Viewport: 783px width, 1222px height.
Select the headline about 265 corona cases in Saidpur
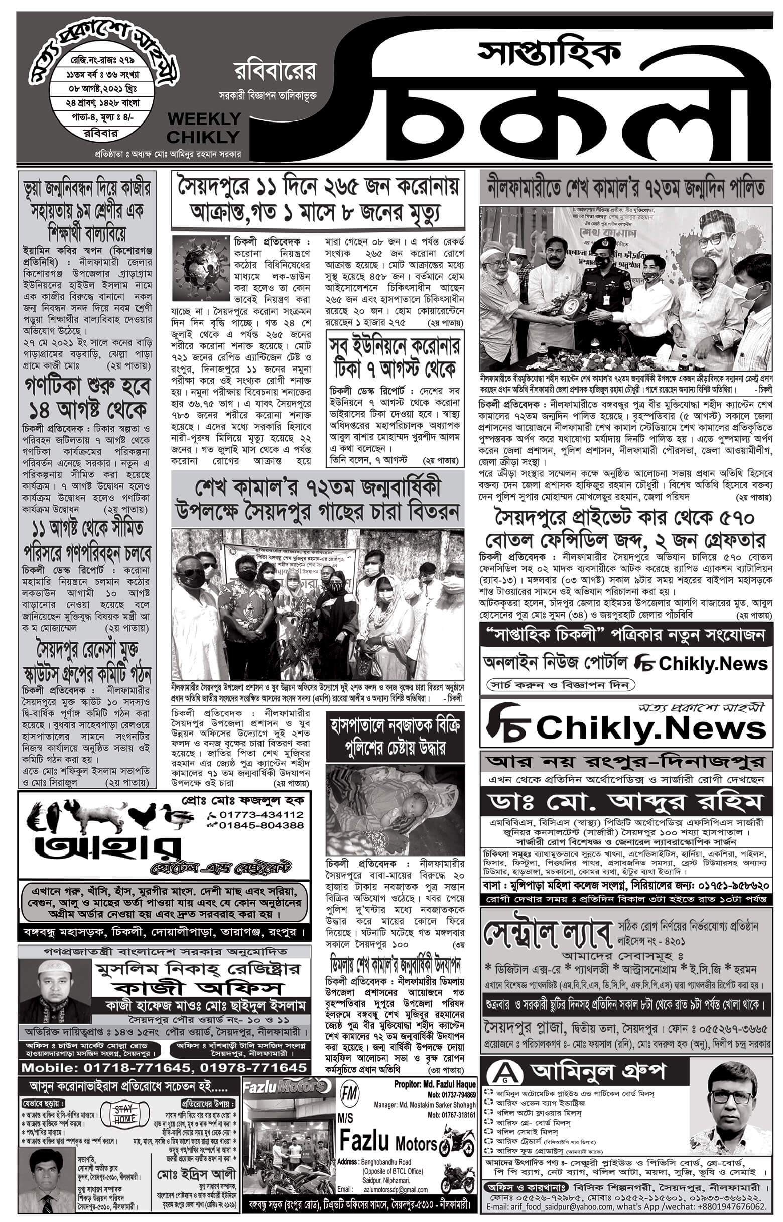(318, 199)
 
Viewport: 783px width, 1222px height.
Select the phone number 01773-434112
(261, 814)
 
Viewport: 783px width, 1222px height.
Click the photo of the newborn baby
(394, 809)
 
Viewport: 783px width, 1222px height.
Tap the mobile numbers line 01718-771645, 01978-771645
(164, 1067)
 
